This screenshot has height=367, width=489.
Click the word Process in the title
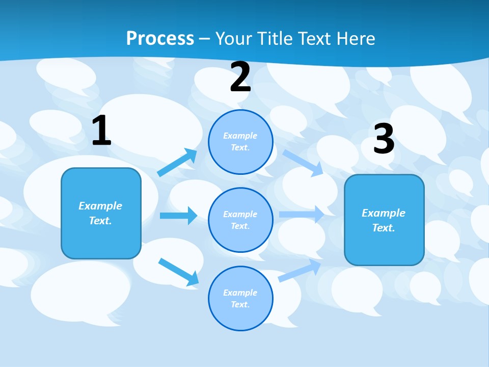160,39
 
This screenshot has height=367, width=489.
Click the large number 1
101,131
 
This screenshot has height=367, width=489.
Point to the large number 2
240,77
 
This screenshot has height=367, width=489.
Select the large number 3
384,139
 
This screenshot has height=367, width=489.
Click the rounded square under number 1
101,213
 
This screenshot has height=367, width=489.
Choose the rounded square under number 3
384,220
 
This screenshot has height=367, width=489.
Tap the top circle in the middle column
240,142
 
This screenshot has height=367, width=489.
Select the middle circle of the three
240,220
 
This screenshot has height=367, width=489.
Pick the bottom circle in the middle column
240,298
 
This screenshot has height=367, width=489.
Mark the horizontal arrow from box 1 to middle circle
178,216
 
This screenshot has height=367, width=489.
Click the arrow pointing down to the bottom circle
179,272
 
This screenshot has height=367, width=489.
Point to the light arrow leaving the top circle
303,163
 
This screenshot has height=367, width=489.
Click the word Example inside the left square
100,206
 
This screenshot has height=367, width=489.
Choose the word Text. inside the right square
384,228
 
